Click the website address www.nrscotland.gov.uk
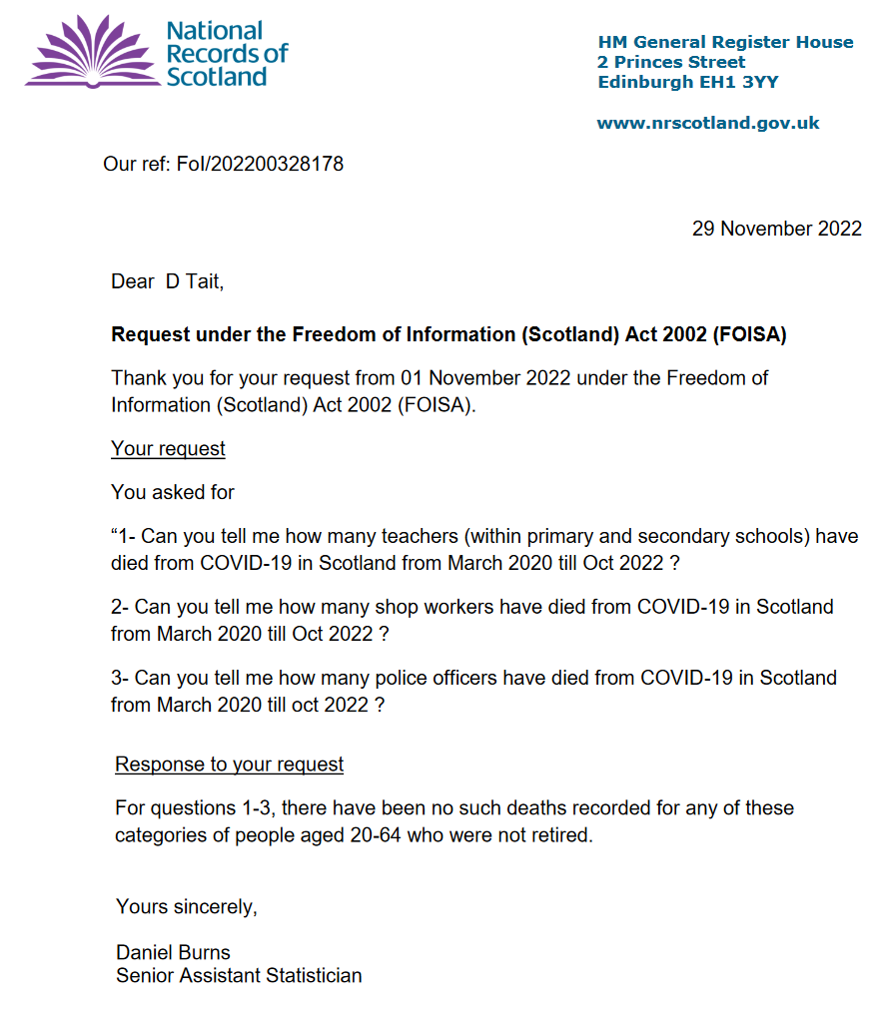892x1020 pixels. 708,123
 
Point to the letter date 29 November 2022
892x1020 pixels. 776,229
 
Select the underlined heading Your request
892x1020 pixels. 168,449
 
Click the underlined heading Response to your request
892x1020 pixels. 230,765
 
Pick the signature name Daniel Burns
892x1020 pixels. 173,951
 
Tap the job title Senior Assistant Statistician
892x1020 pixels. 239,975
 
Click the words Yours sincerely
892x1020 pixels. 187,906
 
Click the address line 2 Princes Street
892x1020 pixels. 671,62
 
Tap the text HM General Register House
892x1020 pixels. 725,42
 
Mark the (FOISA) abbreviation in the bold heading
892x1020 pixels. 749,335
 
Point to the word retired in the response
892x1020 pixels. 560,834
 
